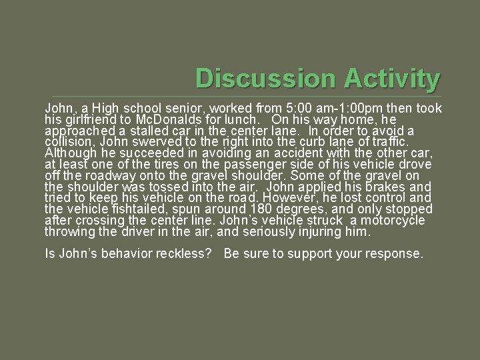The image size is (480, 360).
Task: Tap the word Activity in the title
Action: pos(391,79)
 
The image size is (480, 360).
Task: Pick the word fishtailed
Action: pos(129,209)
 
